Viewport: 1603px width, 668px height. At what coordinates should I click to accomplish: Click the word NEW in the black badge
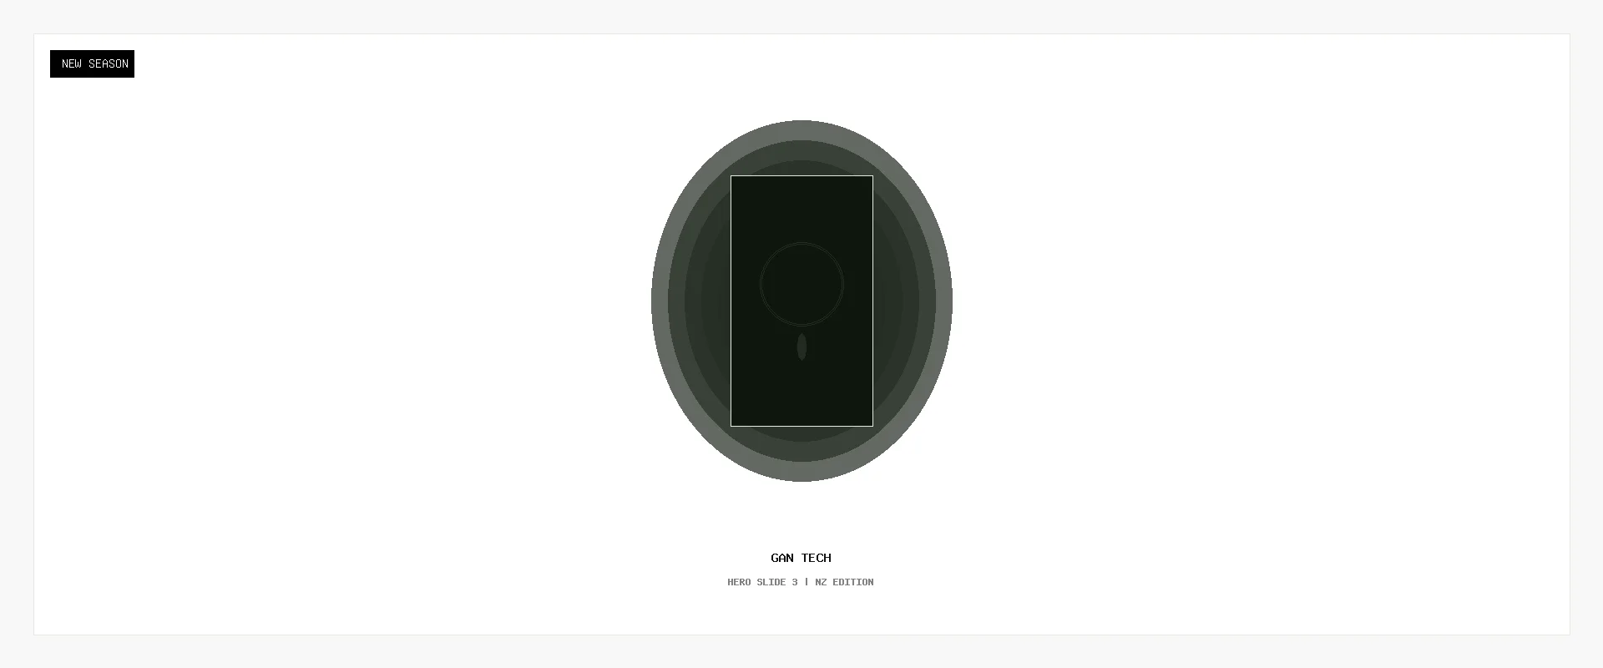pos(72,63)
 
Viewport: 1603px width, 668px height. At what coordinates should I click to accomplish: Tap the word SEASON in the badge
pos(109,63)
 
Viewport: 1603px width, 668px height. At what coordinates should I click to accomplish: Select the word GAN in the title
pos(782,558)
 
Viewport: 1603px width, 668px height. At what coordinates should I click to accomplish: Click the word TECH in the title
pos(817,558)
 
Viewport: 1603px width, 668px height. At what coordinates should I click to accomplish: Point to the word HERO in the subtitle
pos(739,582)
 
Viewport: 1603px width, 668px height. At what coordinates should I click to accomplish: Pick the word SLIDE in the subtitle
pos(771,582)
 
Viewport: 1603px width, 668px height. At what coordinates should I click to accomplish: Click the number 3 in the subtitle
pos(795,582)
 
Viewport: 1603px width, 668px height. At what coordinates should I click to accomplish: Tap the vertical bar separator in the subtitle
pos(807,582)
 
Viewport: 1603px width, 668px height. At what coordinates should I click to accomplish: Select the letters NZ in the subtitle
pos(821,582)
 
